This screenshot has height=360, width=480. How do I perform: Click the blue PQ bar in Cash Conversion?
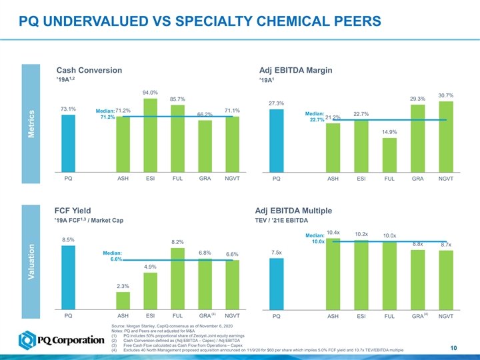coord(68,143)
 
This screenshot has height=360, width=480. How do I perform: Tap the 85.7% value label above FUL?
coord(177,99)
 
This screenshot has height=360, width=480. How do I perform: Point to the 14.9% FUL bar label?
coord(389,132)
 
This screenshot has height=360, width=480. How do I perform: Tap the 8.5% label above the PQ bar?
coord(68,239)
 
